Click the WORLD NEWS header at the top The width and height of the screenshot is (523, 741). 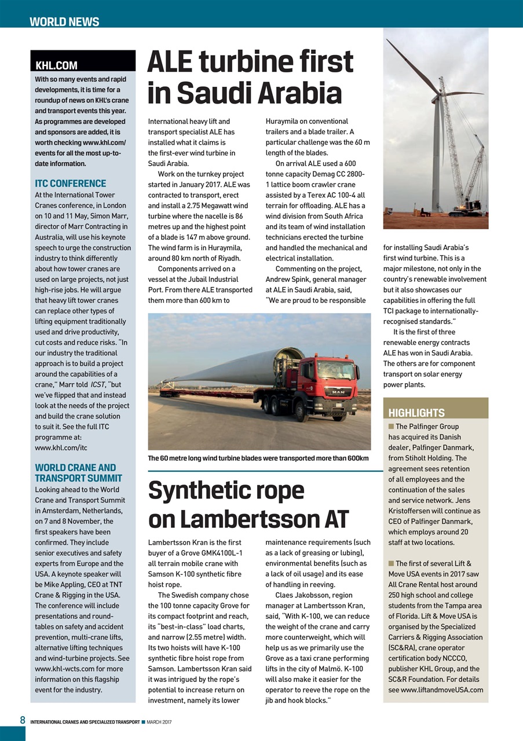click(64, 22)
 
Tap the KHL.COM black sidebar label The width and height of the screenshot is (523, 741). click(57, 65)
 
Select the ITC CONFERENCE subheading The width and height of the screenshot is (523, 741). click(71, 184)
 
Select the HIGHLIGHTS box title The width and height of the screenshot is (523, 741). click(416, 413)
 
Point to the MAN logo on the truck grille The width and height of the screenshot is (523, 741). click(337, 392)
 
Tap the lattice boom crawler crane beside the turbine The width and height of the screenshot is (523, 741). click(473, 174)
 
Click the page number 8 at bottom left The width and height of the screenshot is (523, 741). click(23, 720)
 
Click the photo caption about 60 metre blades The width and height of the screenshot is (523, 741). click(258, 458)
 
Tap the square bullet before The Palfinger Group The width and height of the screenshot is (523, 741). click(391, 427)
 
